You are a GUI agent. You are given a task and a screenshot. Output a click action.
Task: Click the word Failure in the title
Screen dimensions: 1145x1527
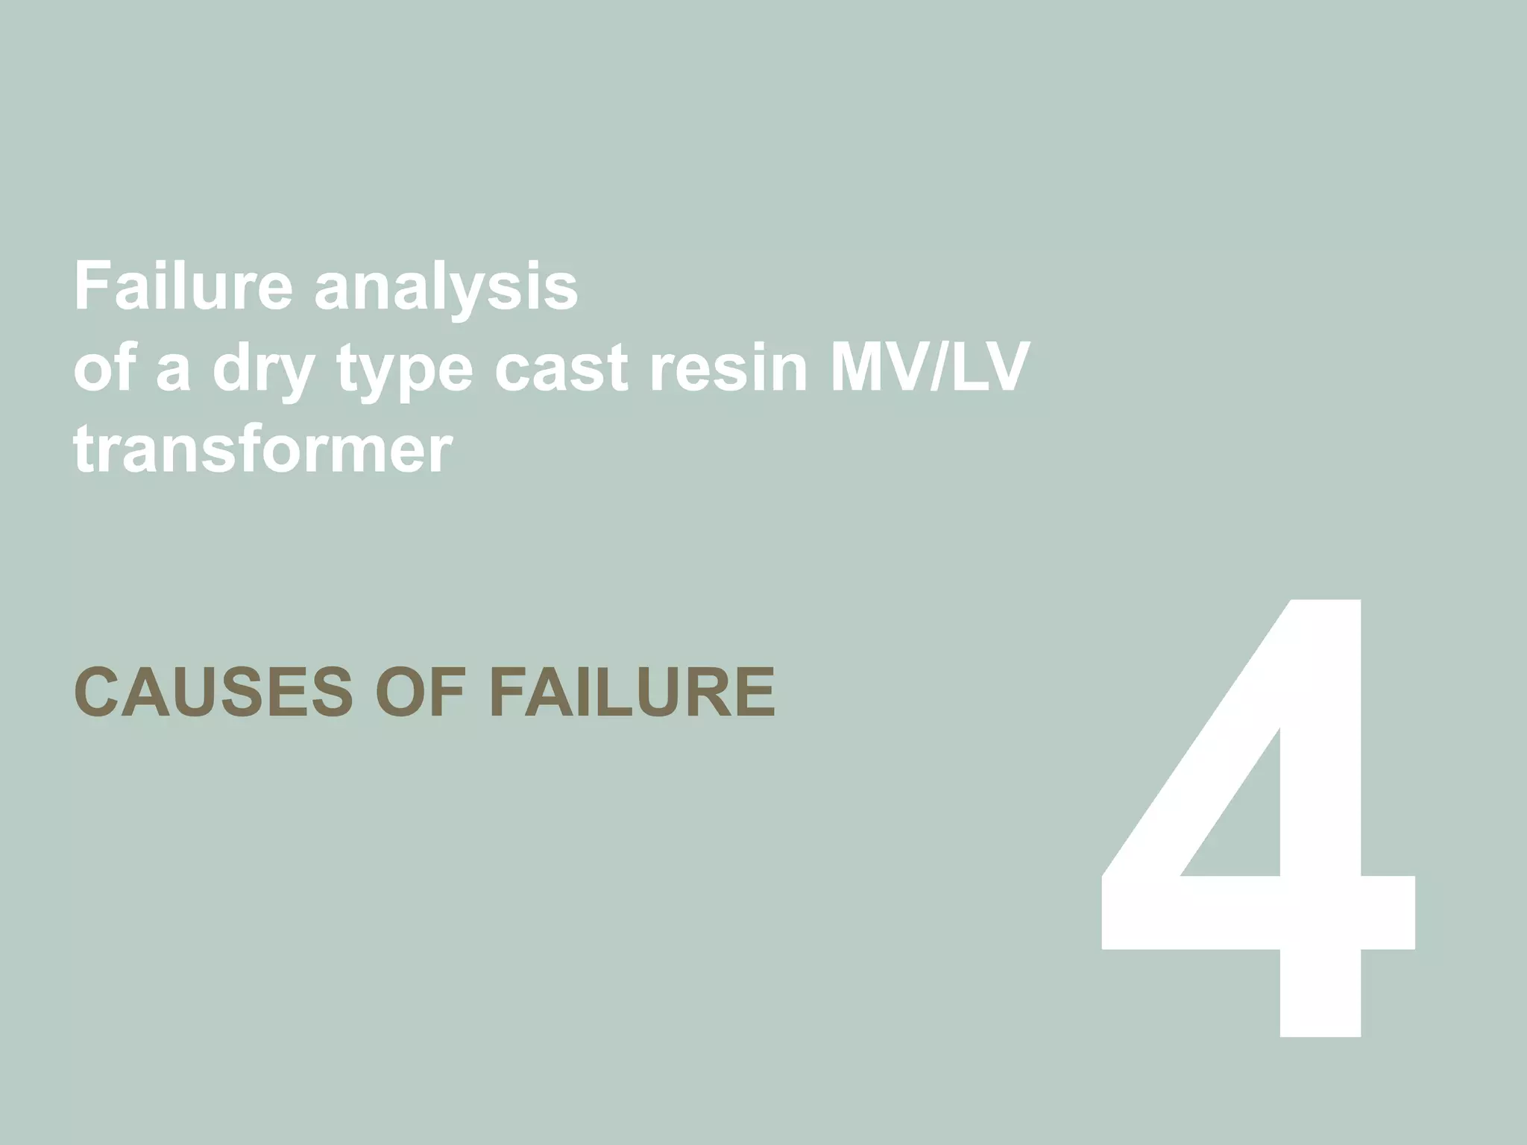pos(183,286)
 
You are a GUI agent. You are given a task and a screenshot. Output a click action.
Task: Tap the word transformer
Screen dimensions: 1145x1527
pos(262,450)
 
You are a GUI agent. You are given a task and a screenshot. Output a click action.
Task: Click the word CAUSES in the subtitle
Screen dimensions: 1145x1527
pos(213,692)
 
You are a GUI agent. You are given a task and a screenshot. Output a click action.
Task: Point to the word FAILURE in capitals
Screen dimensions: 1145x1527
pos(632,692)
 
